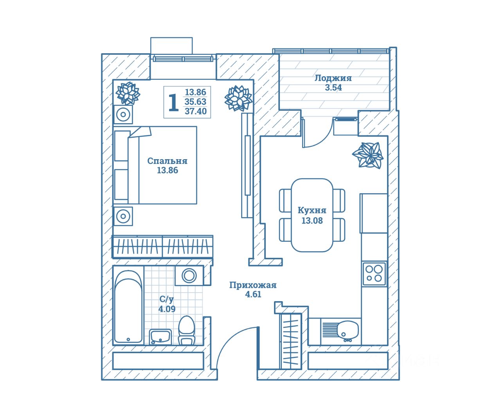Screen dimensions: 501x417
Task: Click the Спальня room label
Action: pos(167,161)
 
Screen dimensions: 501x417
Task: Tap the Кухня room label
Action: pos(312,210)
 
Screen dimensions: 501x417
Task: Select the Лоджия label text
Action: pos(333,78)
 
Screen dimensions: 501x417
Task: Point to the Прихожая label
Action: pos(253,285)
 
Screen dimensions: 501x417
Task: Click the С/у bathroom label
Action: pos(166,299)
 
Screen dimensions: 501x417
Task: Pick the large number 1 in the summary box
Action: pos(173,102)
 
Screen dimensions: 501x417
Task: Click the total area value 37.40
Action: pos(196,111)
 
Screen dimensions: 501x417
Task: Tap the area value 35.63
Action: pos(196,102)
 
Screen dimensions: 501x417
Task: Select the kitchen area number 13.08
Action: pos(312,221)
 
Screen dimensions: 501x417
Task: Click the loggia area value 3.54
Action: pos(333,88)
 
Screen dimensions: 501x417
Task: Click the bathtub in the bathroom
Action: pos(128,307)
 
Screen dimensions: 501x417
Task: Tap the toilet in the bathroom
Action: pos(186,330)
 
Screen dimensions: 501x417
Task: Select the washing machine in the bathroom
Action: pos(189,275)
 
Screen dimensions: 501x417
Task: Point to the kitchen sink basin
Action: pos(348,329)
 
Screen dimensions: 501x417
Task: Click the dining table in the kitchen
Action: pos(312,215)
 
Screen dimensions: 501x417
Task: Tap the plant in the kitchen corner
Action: pos(368,155)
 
